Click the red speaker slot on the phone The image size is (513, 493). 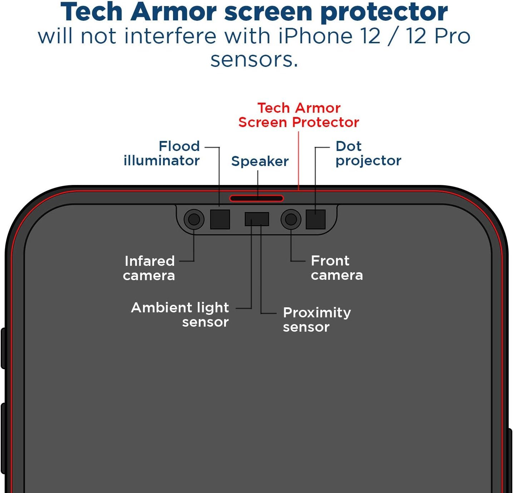point(256,198)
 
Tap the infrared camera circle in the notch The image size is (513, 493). point(194,219)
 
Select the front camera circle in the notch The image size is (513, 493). point(291,219)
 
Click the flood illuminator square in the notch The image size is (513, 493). point(220,219)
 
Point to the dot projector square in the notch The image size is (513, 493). point(316,219)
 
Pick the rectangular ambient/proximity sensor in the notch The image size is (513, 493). point(257,219)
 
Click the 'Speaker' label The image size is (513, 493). point(260,161)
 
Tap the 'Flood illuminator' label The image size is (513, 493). point(162,153)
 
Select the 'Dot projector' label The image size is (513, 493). point(368,153)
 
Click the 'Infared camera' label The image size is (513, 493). point(149,268)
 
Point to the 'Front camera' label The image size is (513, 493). point(337,268)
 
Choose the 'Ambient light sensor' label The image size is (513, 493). point(180,315)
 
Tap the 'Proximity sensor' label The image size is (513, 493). point(317,320)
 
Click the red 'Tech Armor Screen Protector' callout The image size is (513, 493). point(299,115)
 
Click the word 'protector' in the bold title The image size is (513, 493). point(384,12)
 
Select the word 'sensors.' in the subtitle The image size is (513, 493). point(254,60)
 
